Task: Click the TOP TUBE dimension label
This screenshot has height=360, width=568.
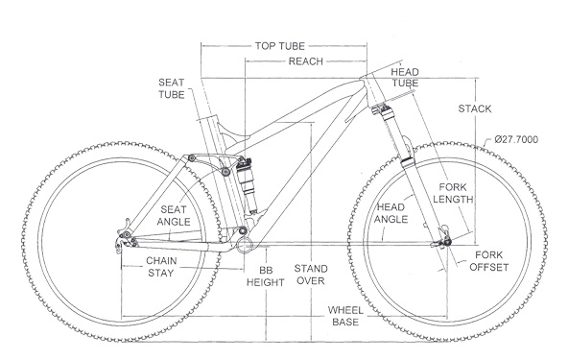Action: [x=279, y=46]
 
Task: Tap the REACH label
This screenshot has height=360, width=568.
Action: [x=305, y=61]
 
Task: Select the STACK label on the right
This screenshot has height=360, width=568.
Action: [x=475, y=108]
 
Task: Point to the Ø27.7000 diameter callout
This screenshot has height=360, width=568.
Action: [x=516, y=139]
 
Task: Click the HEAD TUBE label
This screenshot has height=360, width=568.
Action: [x=405, y=78]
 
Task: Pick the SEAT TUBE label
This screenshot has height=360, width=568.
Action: [x=172, y=88]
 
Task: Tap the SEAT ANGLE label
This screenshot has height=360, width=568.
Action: [x=174, y=216]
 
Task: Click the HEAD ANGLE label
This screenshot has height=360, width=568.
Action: [x=390, y=213]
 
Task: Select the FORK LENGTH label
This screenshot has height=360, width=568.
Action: [x=453, y=193]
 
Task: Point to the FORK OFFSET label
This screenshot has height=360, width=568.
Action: [x=489, y=261]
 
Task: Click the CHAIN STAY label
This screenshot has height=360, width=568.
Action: [x=161, y=267]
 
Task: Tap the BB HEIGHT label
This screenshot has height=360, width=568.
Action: [x=265, y=276]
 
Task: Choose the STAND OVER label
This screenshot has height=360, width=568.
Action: [x=311, y=275]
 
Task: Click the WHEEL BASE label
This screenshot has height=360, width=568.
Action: [x=345, y=316]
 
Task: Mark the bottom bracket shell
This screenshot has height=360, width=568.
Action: [x=244, y=245]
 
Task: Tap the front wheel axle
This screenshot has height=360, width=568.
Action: [x=447, y=242]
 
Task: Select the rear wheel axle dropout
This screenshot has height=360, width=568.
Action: [x=125, y=238]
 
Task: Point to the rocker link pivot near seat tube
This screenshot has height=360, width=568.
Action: [x=225, y=172]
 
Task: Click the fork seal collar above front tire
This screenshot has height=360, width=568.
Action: [x=408, y=162]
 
